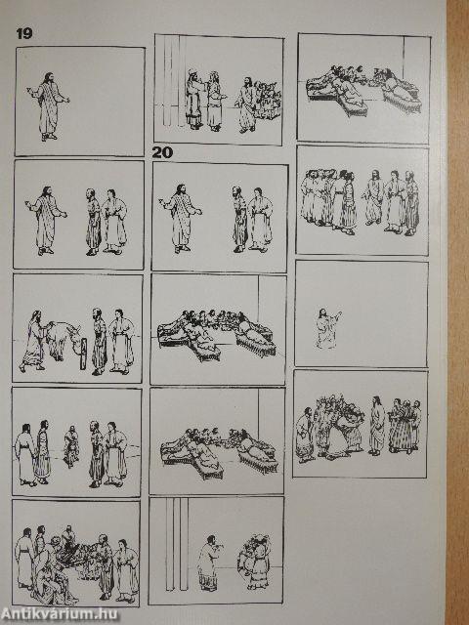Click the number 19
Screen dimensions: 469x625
click(x=23, y=33)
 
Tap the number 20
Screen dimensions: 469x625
click(x=162, y=152)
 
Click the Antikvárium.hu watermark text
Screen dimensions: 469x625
click(x=60, y=614)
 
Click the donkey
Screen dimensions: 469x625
click(x=63, y=339)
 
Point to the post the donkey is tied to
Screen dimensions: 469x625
click(x=83, y=354)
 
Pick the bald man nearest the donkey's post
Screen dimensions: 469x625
click(x=99, y=341)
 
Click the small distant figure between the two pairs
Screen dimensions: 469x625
click(x=71, y=445)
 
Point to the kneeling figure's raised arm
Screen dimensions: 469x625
click(x=336, y=317)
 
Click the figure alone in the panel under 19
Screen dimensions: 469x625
click(x=49, y=106)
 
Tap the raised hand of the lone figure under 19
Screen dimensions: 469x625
click(x=29, y=90)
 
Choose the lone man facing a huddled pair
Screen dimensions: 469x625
click(x=208, y=562)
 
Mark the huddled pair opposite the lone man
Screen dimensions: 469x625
click(x=255, y=562)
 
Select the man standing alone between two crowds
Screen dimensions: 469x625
click(x=376, y=426)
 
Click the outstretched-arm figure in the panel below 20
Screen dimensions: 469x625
click(x=183, y=218)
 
